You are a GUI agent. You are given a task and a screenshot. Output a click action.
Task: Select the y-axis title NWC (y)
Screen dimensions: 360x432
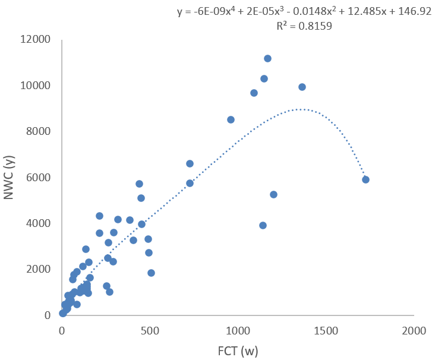coord(10,176)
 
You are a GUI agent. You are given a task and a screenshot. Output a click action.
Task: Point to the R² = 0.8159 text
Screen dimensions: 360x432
coord(304,26)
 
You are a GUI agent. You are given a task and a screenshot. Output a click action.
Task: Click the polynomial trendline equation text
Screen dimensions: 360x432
coord(304,11)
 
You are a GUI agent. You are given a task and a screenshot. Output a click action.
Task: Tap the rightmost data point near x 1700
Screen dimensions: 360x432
coord(365,179)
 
